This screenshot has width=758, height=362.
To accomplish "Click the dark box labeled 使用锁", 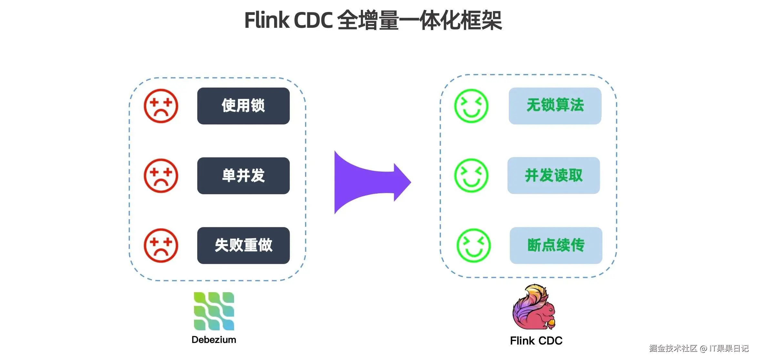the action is point(243,106).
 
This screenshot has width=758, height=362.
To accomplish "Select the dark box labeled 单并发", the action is point(243,176).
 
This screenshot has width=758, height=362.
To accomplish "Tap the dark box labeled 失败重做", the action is point(243,246).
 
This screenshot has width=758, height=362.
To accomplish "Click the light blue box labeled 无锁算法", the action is point(555,106).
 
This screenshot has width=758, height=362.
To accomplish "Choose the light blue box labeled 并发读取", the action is point(554,176).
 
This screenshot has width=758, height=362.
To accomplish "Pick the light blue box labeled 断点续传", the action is point(556,246).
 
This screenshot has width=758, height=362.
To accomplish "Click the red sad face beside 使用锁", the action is point(161,106).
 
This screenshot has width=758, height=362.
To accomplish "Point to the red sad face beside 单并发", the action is point(161,176).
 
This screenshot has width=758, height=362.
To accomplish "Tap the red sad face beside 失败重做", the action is point(161,246).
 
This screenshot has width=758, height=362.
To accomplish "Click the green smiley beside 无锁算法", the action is point(471,106).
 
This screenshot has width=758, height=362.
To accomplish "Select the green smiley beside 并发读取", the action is point(471,176).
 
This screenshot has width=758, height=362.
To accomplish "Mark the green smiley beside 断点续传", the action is point(474,245).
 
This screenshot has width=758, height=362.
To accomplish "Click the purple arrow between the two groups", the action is point(371,182).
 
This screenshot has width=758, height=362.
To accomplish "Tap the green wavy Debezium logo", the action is point(214,311).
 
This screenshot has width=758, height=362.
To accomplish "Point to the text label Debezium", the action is point(214,340).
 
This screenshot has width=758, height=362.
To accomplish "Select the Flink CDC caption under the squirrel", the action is point(536,341).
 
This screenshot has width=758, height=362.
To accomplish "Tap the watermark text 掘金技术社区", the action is point(673,348).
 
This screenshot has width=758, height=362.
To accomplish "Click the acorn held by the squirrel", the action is point(551,322).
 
